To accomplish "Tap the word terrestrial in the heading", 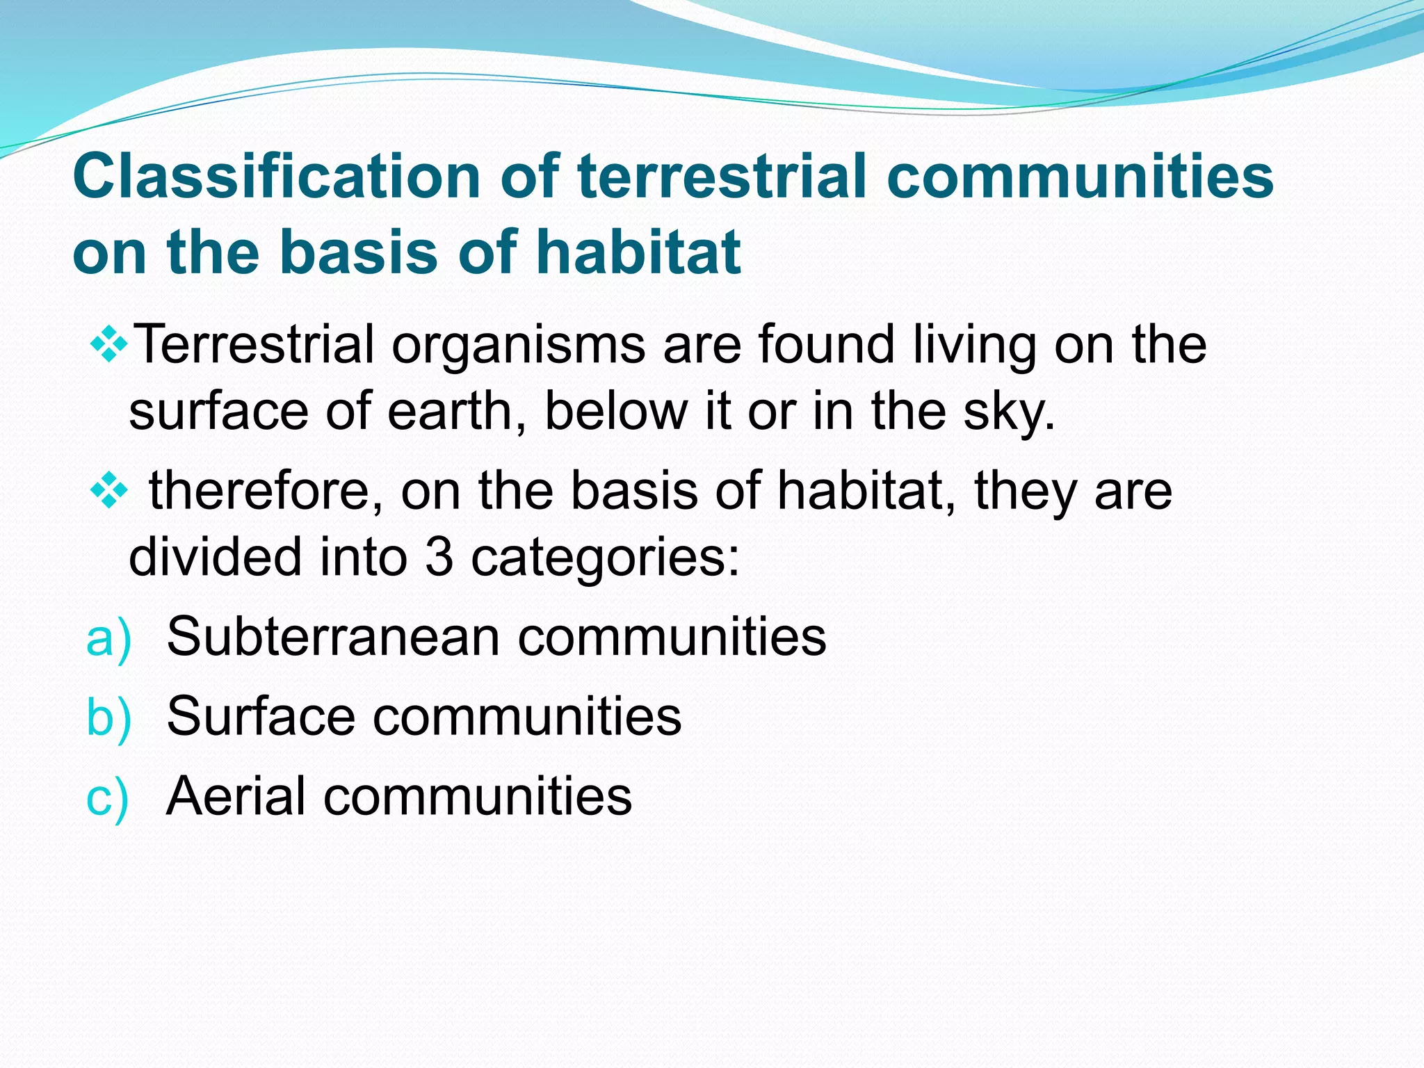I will (722, 177).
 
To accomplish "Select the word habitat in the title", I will (639, 252).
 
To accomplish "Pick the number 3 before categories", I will (439, 558).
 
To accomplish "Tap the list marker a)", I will (108, 638).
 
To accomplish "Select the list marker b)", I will (108, 718).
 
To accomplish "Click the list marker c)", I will (107, 797).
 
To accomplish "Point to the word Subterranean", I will (333, 637).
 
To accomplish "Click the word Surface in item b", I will (261, 716).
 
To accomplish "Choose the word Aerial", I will (235, 795).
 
